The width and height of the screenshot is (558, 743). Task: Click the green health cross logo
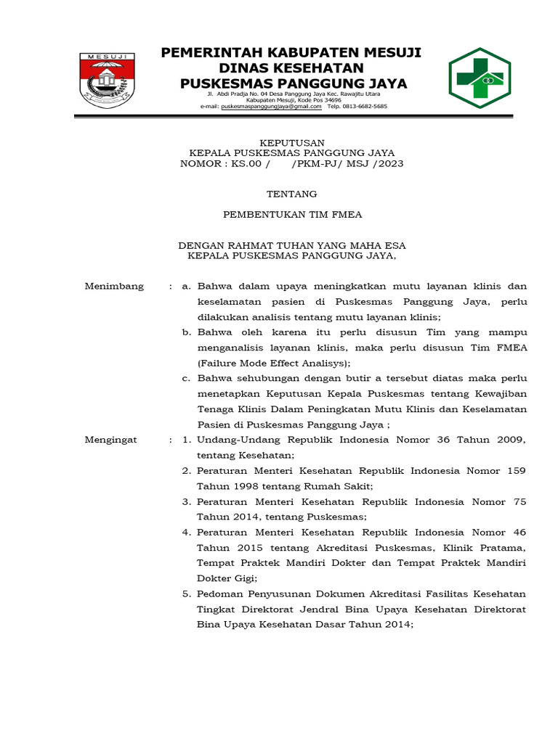point(480,78)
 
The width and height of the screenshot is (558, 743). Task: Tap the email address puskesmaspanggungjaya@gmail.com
point(271,106)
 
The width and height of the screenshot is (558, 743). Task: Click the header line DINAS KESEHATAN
point(291,68)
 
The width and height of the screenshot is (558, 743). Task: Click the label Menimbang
point(114,287)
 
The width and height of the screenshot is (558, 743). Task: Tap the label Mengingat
point(111,440)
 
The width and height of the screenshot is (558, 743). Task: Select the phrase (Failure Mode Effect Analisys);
point(274,363)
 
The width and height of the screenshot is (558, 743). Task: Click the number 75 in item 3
point(519,501)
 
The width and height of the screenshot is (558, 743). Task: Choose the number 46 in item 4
point(519,532)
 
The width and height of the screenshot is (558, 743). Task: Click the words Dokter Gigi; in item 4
point(227,578)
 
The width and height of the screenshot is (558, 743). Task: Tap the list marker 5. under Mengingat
point(186,594)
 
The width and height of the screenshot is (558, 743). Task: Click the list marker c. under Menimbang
point(186,379)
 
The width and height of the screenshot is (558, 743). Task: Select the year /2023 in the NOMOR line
point(388,164)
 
